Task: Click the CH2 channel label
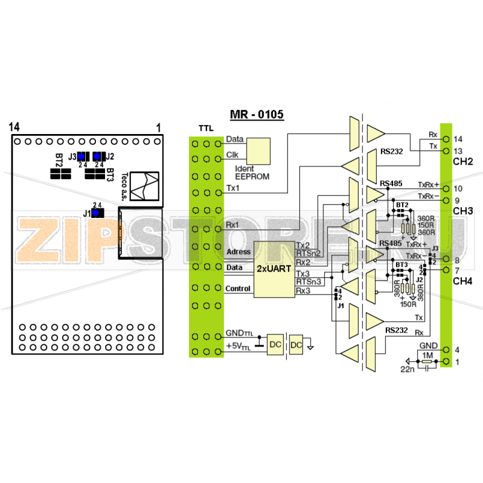tap(462, 162)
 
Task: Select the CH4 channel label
tap(462, 281)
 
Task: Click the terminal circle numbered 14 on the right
tap(446, 139)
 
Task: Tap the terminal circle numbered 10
tap(446, 188)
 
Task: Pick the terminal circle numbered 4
tap(446, 350)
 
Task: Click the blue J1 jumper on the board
tap(96, 213)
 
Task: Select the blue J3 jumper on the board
tap(81, 156)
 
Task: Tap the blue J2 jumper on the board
tap(97, 156)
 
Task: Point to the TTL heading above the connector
tap(206, 128)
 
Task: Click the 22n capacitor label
tap(408, 368)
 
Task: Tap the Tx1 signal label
tap(232, 188)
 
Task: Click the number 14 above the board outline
tap(15, 127)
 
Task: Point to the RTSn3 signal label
tap(308, 282)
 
